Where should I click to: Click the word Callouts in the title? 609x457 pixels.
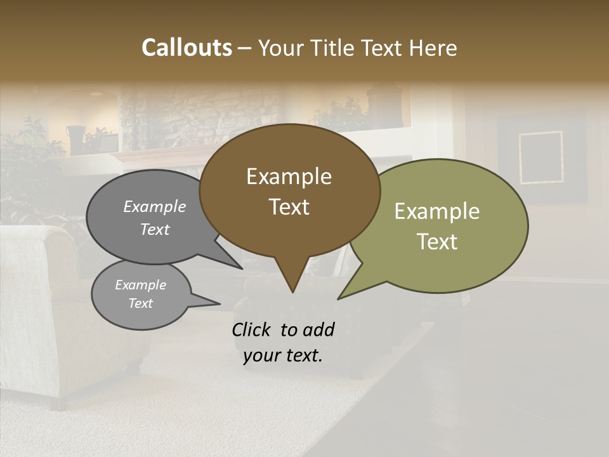pyautogui.click(x=187, y=48)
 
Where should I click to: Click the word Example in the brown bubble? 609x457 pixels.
pyautogui.click(x=289, y=176)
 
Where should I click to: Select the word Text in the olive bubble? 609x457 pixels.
pyautogui.click(x=437, y=242)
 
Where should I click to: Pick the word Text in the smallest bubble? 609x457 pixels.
pyautogui.click(x=140, y=303)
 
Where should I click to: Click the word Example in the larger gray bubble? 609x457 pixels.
pyautogui.click(x=155, y=206)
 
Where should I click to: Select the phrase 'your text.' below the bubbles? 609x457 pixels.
pyautogui.click(x=283, y=355)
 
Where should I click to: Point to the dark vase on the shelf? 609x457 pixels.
pyautogui.click(x=77, y=139)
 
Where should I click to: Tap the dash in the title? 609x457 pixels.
pyautogui.click(x=245, y=48)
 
